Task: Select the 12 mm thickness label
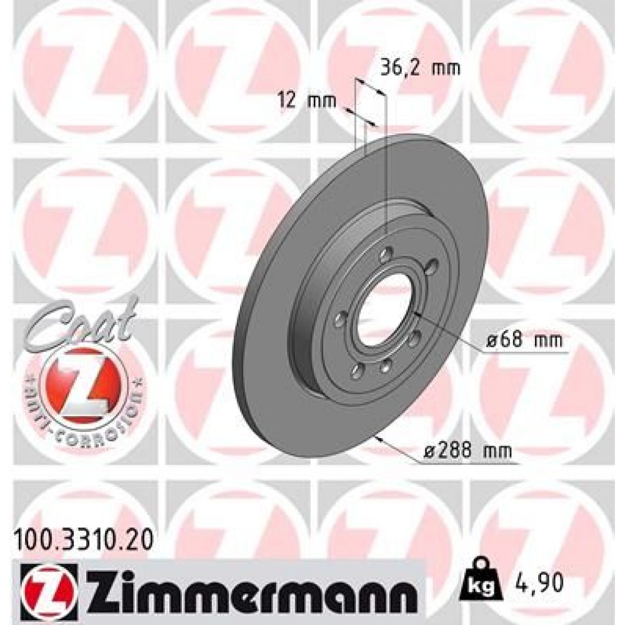click(307, 101)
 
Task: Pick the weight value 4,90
click(538, 583)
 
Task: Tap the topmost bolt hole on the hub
click(386, 253)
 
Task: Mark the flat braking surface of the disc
click(275, 350)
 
